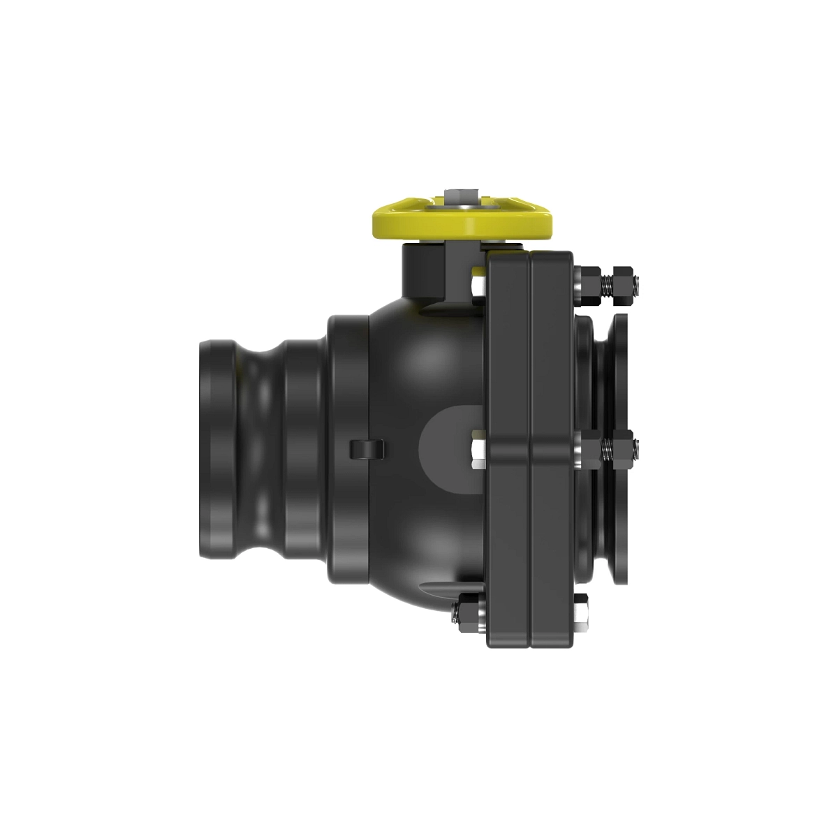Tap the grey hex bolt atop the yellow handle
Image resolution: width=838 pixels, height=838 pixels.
462,195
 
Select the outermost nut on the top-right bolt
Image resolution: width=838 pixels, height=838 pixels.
624,284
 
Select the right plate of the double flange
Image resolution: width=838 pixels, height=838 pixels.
552,447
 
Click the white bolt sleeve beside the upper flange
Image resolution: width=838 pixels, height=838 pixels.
478,286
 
